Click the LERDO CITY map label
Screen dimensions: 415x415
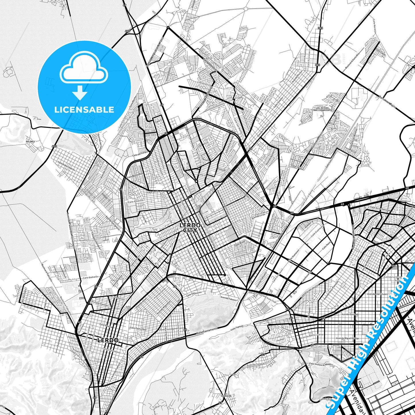pos(190,227)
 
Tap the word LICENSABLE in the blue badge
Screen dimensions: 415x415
pos(84,109)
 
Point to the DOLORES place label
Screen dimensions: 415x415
pos(30,142)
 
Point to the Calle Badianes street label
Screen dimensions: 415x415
pos(90,277)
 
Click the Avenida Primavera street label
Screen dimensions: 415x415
pos(264,130)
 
